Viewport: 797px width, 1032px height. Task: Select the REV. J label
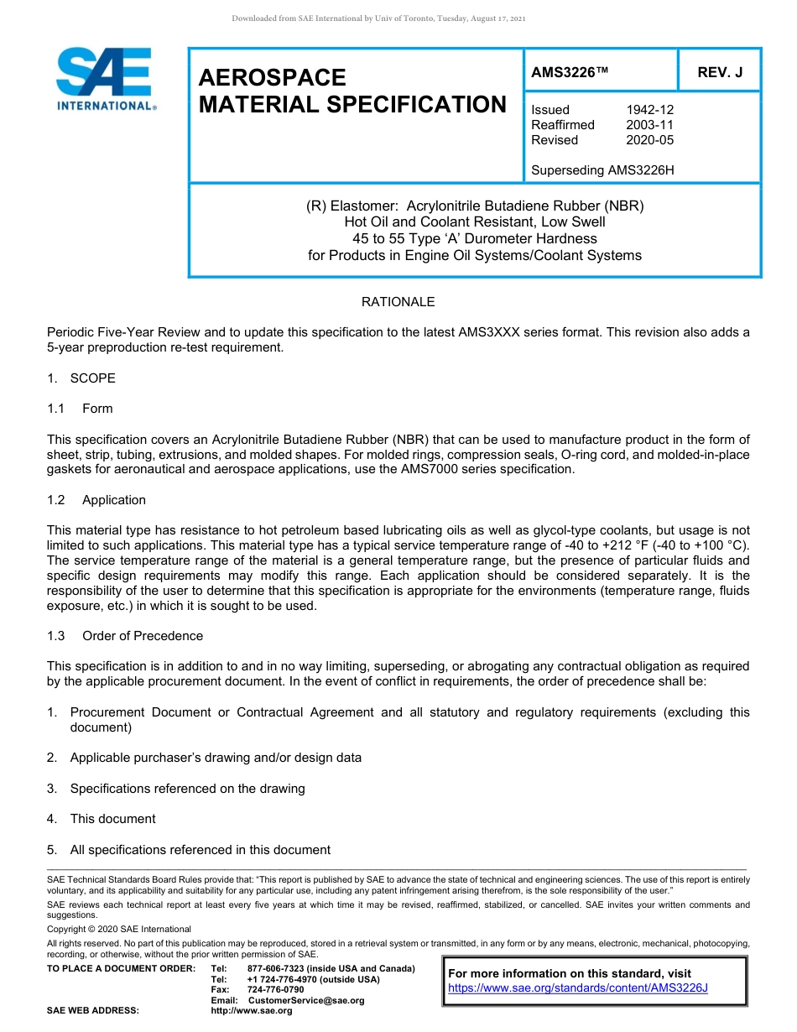tap(720, 73)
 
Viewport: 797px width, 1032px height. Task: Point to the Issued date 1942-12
tap(649, 110)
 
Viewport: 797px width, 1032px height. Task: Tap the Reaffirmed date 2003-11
tap(649, 125)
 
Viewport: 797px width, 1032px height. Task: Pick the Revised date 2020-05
tap(649, 140)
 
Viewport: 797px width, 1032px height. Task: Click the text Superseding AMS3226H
tap(602, 170)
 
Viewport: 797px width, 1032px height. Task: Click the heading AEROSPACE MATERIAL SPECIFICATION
tap(352, 91)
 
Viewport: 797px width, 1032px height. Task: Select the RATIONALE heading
tap(398, 302)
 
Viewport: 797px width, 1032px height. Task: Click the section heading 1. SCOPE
tap(82, 378)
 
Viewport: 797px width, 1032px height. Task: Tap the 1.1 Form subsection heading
tap(81, 409)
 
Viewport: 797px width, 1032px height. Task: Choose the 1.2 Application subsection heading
tap(97, 500)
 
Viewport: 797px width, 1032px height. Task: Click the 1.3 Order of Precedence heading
tap(126, 636)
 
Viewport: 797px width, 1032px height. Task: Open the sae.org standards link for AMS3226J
tap(578, 988)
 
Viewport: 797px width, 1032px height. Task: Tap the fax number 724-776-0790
tap(275, 990)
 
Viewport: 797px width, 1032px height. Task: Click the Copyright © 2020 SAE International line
tap(119, 930)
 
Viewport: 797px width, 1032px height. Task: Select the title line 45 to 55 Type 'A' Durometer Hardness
tap(474, 239)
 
